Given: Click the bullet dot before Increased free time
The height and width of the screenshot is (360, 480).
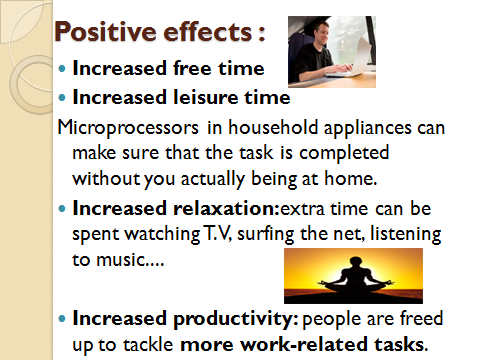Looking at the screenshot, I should (63, 71).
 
